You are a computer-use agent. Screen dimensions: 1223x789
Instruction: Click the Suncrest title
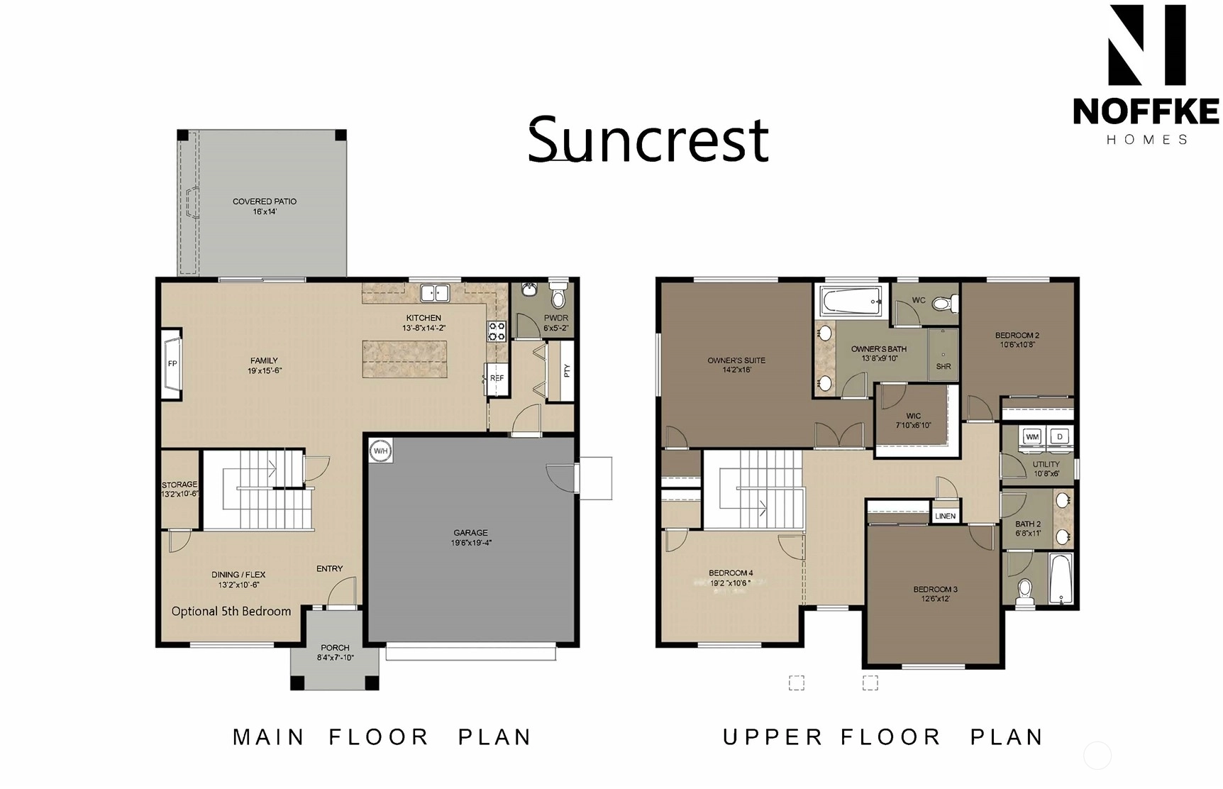click(x=648, y=139)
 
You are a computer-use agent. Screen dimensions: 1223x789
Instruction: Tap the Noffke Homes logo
click(x=1146, y=75)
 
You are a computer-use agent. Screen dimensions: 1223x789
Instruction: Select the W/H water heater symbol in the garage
click(x=381, y=451)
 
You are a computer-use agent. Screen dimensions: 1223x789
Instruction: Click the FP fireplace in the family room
click(x=172, y=364)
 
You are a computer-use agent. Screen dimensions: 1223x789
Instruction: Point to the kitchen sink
click(x=435, y=292)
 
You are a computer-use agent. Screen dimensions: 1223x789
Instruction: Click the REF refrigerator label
click(x=497, y=378)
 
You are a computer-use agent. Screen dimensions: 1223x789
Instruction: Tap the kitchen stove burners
click(x=497, y=331)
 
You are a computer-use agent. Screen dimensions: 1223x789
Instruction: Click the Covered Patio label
click(x=265, y=206)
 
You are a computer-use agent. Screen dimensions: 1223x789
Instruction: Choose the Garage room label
click(x=471, y=538)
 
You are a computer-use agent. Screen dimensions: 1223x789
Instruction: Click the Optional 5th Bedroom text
click(x=231, y=612)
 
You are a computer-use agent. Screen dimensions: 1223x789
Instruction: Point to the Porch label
click(x=335, y=652)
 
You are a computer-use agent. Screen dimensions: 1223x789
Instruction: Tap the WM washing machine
click(x=1032, y=437)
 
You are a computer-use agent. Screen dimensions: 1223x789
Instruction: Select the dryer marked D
click(x=1061, y=437)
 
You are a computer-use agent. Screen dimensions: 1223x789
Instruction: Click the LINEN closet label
click(x=945, y=516)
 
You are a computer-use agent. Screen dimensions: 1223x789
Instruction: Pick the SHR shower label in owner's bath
click(x=943, y=367)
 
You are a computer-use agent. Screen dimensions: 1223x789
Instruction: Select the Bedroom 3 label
click(x=936, y=594)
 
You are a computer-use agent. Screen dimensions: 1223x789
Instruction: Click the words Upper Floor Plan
click(x=883, y=737)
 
